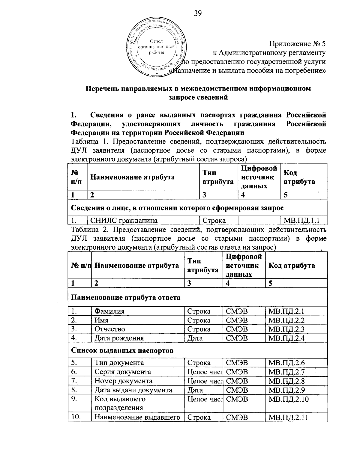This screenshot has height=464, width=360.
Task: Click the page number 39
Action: [x=198, y=13]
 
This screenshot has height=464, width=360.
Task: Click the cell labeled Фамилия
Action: [x=109, y=311]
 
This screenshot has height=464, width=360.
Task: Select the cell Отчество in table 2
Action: [x=110, y=329]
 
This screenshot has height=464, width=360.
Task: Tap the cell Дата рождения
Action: [x=119, y=338]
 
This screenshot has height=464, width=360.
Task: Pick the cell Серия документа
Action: [x=123, y=372]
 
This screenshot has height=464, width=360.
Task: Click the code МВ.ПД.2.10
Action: [x=289, y=399]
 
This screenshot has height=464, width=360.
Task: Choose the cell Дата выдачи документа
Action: [x=133, y=390]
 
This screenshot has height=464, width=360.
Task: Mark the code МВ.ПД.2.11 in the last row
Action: [x=288, y=417]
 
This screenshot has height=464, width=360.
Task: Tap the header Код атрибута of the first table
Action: [x=299, y=177]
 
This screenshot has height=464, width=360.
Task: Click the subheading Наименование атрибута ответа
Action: [x=126, y=298]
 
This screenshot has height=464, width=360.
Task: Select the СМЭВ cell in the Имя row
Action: [x=237, y=320]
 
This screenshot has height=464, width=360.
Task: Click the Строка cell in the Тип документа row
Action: [x=199, y=363]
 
